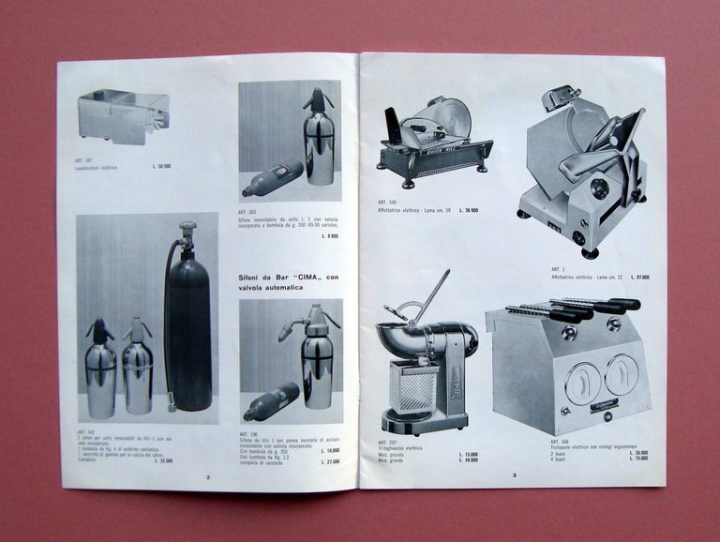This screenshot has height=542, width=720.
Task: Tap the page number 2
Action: point(208,476)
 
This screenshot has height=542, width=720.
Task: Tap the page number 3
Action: point(514,475)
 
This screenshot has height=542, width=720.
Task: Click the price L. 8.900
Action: point(330,235)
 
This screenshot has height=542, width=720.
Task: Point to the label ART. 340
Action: point(386,202)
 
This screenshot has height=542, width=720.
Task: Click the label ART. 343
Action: point(247,212)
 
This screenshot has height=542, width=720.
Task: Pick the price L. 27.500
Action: point(330,461)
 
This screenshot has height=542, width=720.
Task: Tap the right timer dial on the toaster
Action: point(621,374)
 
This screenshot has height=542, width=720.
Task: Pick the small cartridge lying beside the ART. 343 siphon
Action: point(272,178)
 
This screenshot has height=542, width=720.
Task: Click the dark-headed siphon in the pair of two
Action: point(100,366)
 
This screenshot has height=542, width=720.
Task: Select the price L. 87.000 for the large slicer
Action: point(640,277)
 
